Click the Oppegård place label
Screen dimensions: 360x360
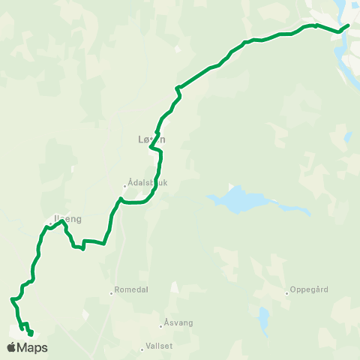(x=310, y=292)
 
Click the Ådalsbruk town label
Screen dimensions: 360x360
(x=147, y=182)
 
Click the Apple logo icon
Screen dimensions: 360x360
(x=11, y=347)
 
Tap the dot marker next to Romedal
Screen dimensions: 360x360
(x=112, y=293)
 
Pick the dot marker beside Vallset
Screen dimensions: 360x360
(x=142, y=348)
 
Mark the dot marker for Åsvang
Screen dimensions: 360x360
(x=160, y=325)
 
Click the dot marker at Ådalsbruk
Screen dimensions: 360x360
(x=125, y=187)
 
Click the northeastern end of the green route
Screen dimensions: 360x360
(x=349, y=25)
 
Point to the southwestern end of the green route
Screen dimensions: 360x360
(x=31, y=334)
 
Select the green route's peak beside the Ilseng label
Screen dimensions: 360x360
(x=62, y=220)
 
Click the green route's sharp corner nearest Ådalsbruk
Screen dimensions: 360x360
(x=120, y=198)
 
